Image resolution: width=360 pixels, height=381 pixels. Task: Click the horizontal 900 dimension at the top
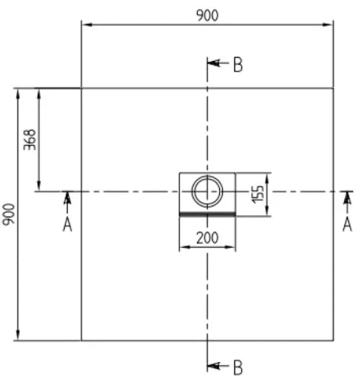207,16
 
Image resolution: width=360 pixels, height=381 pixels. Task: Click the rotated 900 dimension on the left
9,214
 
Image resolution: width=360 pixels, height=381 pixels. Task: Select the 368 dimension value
30,140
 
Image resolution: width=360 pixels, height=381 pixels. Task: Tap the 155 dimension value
258,194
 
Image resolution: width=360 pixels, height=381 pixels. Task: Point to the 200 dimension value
207,239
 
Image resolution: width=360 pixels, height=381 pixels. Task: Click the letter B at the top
237,65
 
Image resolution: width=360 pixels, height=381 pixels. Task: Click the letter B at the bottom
237,368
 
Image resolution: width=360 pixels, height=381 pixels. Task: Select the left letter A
67,225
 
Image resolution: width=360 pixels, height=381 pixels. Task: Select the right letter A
347,225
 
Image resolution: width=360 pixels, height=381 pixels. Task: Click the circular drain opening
207,176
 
